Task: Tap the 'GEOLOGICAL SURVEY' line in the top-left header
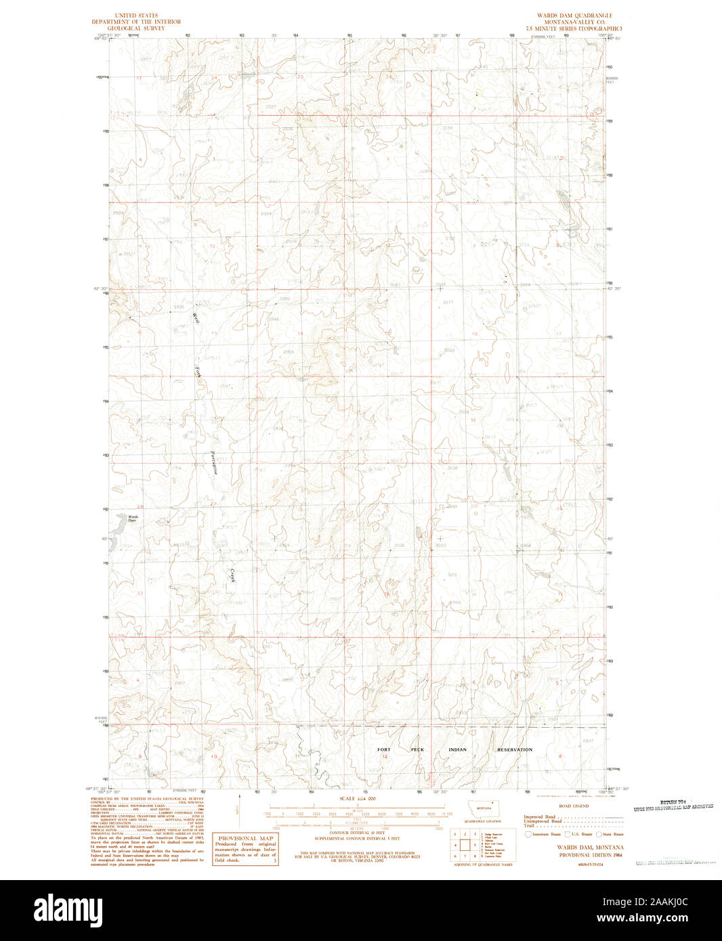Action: (x=136, y=28)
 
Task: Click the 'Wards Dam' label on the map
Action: (x=133, y=519)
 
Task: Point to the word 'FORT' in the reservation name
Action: (x=384, y=749)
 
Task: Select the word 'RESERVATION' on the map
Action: (x=515, y=749)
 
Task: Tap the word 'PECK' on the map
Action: (x=417, y=749)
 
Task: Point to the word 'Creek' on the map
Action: (x=232, y=575)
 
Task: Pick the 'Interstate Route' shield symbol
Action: (x=528, y=834)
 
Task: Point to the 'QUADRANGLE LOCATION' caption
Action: (x=484, y=821)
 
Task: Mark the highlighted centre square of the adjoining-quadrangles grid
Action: (x=466, y=845)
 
